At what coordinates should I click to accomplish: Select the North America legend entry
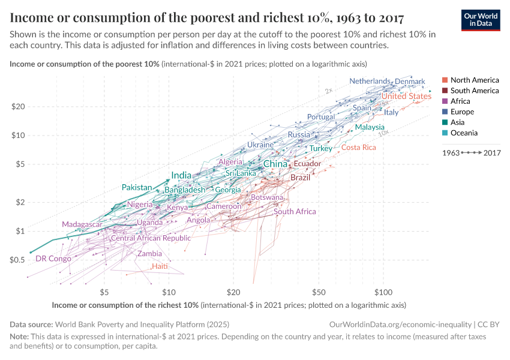coord(474,80)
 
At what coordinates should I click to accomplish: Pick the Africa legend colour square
coord(445,101)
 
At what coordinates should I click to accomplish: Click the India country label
coord(181,175)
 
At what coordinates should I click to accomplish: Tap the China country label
coord(275,164)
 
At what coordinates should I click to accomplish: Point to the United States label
coord(406,96)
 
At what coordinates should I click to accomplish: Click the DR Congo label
coord(53,259)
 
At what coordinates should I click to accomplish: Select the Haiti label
coord(160,266)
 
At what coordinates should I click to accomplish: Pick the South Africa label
coord(295,211)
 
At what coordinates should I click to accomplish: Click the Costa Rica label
coord(359,148)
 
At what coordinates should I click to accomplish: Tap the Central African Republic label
coord(151,238)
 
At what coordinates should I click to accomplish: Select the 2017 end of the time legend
coord(493,153)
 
